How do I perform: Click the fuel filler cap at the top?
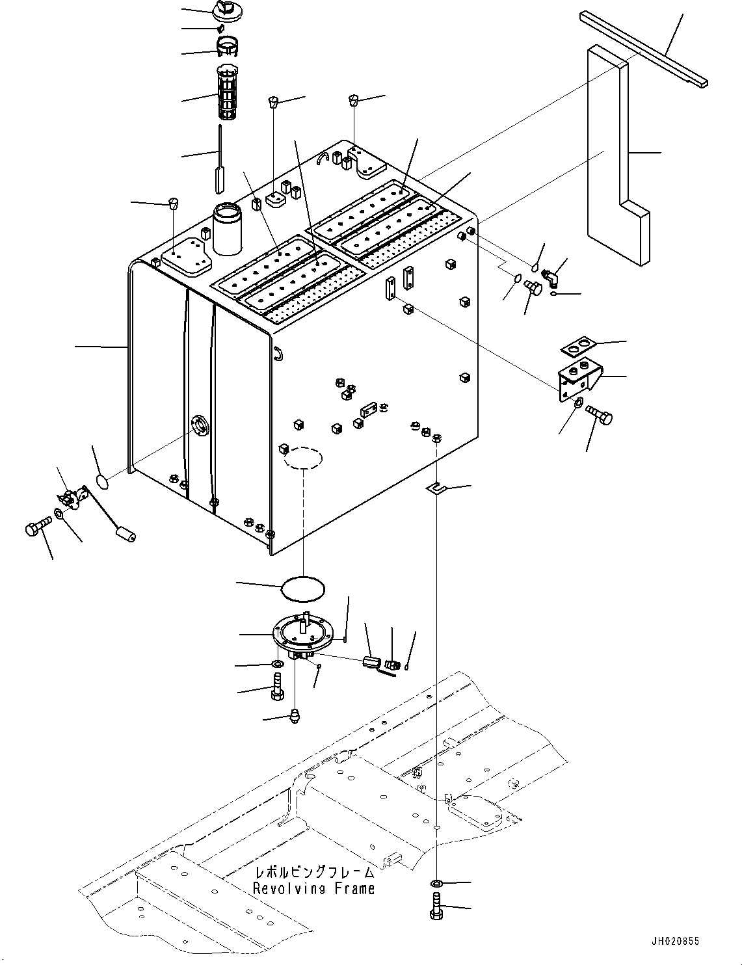(227, 10)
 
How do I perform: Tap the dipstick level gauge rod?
(220, 159)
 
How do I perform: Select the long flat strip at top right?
(643, 49)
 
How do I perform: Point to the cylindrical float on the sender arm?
(126, 535)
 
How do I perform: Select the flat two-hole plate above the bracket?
(578, 347)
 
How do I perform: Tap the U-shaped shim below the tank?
(436, 489)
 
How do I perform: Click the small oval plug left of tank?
(103, 482)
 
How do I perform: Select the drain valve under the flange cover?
(294, 717)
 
